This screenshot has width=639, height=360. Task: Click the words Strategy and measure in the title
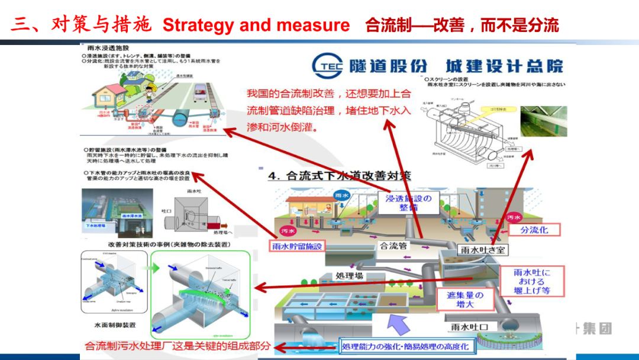256,25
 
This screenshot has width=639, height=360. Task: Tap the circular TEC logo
327,67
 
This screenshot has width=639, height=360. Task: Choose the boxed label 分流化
534,230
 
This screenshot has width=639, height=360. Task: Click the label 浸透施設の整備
408,202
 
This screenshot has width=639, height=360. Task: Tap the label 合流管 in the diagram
393,246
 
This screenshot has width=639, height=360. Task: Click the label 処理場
349,276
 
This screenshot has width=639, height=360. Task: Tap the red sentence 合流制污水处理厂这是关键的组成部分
177,346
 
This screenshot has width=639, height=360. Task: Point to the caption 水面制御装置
115,325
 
